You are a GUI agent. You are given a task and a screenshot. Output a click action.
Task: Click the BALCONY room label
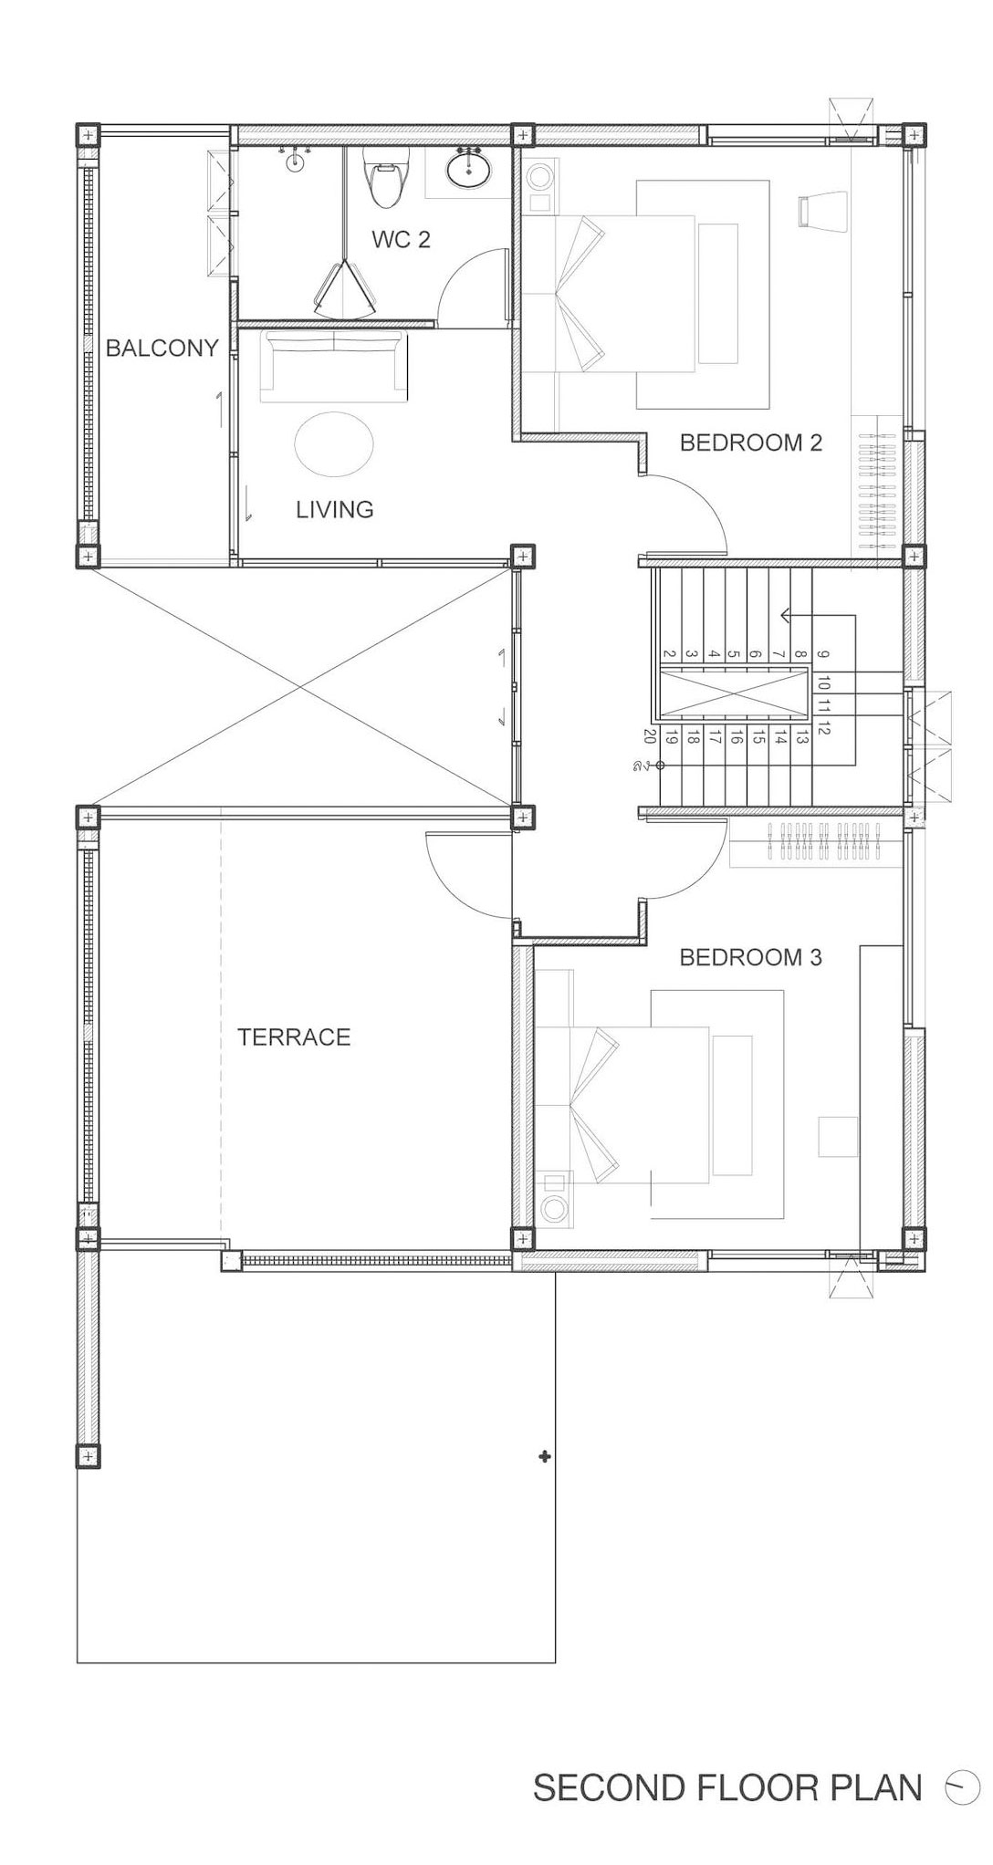tap(162, 348)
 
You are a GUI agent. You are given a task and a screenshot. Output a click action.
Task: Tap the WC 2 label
tap(401, 240)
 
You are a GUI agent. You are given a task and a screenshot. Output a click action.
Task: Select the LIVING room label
tap(335, 509)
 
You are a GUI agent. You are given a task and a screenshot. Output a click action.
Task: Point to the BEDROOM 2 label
tap(751, 443)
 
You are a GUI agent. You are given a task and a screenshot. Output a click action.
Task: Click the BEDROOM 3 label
tap(751, 957)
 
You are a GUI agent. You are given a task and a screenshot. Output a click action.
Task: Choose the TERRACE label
tap(294, 1037)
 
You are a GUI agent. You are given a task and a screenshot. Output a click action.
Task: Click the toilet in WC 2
tap(383, 178)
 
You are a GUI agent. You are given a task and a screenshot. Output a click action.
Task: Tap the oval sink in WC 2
tap(470, 168)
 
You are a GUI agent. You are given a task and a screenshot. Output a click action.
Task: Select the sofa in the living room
tap(333, 367)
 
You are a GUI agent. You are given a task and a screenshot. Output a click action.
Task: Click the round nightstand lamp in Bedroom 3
tap(553, 1208)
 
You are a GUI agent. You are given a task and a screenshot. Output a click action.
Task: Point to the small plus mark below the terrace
tap(545, 1457)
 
